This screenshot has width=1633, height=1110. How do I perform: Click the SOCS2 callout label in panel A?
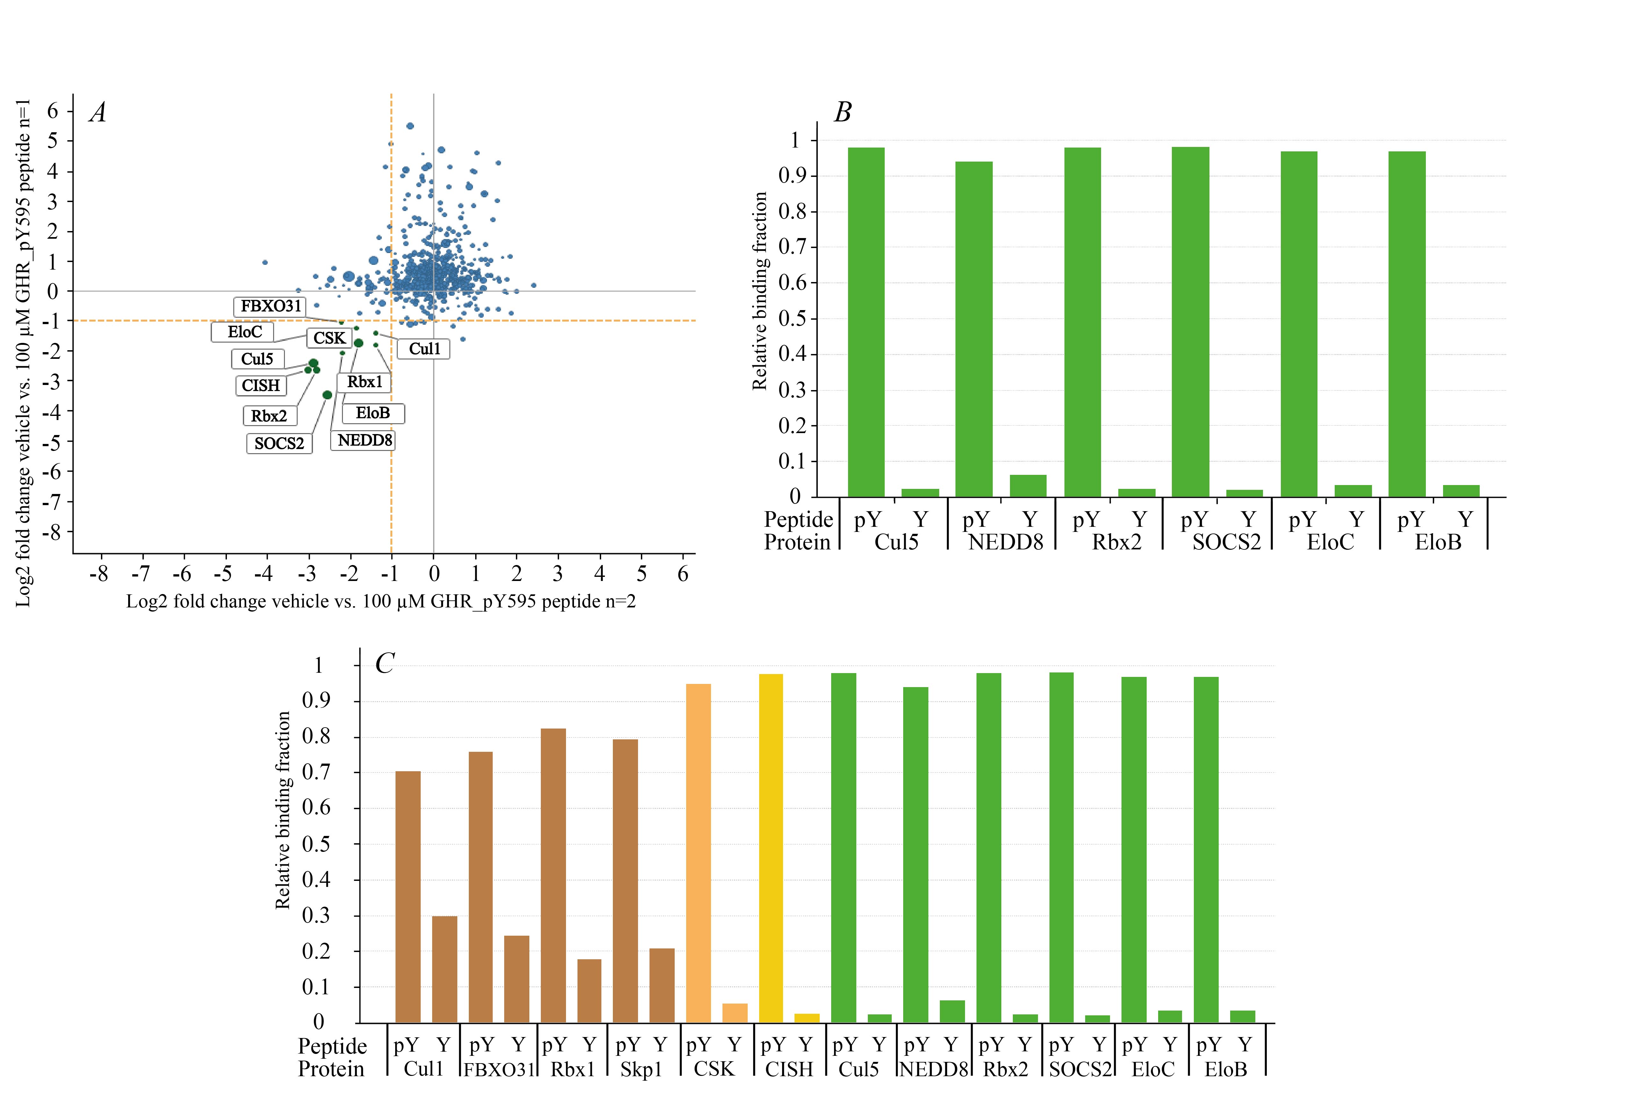pos(279,443)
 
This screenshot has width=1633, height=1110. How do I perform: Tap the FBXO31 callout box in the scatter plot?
pos(271,306)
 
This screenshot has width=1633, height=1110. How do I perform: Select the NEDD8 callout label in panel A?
pos(364,440)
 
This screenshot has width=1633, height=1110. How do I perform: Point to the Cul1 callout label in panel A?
pos(424,348)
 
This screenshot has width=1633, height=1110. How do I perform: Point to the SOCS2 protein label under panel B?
pos(1226,542)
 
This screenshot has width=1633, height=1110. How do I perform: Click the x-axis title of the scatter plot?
pos(381,601)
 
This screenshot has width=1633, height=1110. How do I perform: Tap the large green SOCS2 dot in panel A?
pos(327,395)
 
